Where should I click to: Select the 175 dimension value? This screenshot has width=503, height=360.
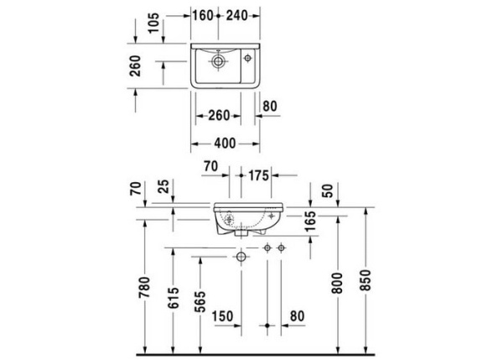tap(257, 175)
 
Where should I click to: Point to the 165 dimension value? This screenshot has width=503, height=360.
tap(309, 222)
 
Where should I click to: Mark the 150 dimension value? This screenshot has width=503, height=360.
tap(222, 316)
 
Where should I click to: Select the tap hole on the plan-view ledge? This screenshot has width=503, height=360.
tap(248, 58)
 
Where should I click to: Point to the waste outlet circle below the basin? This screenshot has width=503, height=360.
tap(241, 255)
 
